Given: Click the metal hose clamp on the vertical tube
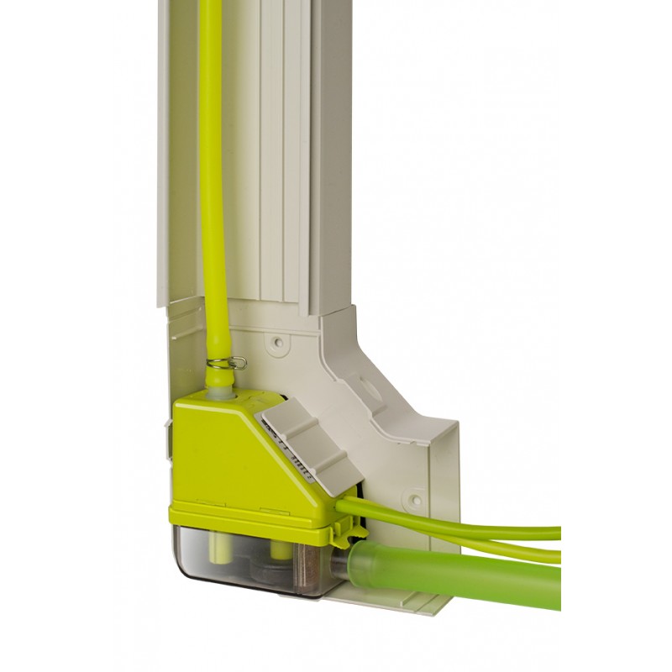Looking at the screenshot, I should point(225,363).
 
